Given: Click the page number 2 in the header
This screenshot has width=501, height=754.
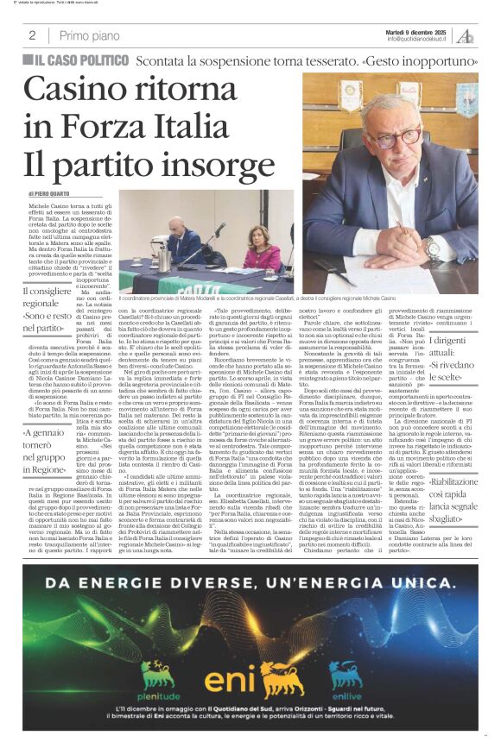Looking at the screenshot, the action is click(x=32, y=35).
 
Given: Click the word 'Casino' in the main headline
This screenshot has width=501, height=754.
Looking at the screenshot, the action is click(x=79, y=91).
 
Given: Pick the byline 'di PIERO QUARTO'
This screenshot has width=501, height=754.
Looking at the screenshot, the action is click(x=54, y=195).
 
